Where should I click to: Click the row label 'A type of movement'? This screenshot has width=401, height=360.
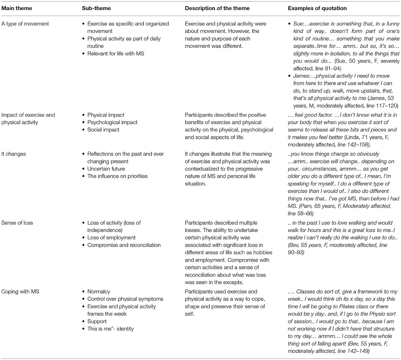point(25,24)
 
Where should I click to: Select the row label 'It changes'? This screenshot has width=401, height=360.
point(14,154)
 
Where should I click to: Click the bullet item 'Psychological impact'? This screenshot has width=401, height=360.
point(112,122)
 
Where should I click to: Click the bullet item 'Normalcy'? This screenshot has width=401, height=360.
point(100,291)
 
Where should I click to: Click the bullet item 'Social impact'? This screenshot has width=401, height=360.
point(103,130)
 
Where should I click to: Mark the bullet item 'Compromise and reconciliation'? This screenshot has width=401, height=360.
point(124,245)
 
